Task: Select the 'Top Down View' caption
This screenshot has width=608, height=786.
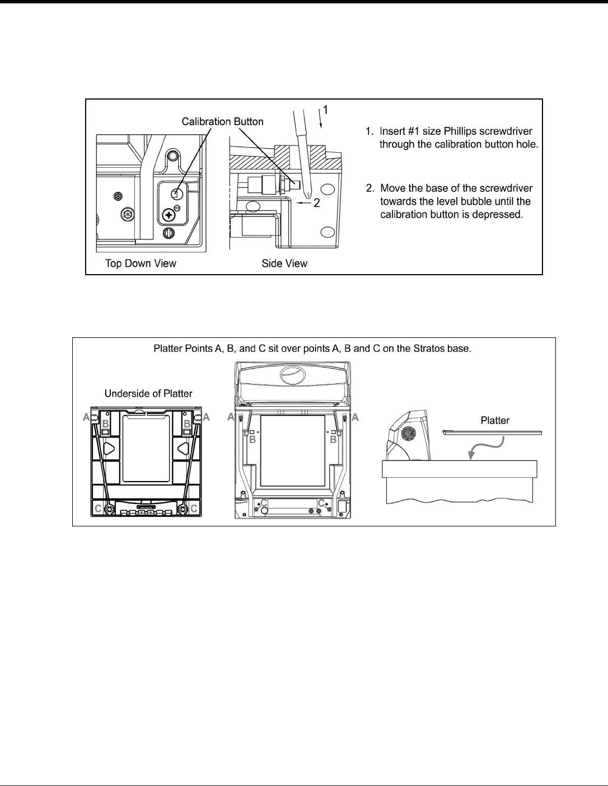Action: coord(141,263)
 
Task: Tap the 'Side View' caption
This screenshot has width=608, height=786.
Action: coord(284,263)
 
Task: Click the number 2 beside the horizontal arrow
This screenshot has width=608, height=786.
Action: coord(316,204)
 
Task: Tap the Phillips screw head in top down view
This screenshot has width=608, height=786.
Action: coord(169,215)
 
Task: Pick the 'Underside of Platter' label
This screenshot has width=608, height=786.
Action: coord(148,393)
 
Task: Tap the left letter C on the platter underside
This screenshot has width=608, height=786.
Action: coord(99,509)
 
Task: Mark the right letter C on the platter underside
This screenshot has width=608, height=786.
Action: coord(194,509)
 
